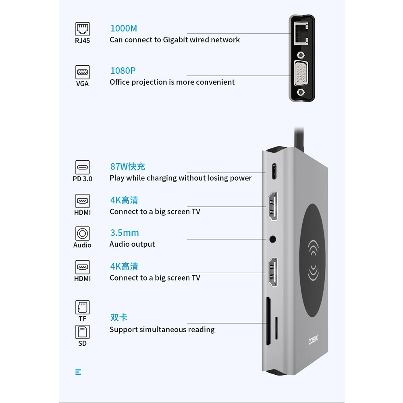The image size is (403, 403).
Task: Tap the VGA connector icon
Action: tap(82, 73)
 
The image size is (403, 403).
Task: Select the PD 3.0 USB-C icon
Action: tap(82, 167)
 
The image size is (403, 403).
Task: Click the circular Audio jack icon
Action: tap(82, 234)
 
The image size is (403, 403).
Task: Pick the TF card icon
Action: tap(82, 307)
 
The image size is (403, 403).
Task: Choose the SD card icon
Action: tap(82, 332)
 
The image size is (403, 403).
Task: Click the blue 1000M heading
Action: tap(124, 29)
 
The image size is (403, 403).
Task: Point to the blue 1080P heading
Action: tap(123, 71)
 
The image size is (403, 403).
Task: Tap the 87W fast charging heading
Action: tap(127, 166)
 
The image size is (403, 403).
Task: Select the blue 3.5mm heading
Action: tap(125, 233)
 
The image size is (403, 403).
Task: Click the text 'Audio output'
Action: tap(132, 244)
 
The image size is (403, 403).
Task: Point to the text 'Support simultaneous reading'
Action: tap(162, 330)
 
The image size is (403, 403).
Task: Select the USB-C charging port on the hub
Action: tap(274, 171)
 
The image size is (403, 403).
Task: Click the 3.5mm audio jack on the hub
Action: tap(274, 239)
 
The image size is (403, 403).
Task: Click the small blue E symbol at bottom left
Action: tap(78, 372)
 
